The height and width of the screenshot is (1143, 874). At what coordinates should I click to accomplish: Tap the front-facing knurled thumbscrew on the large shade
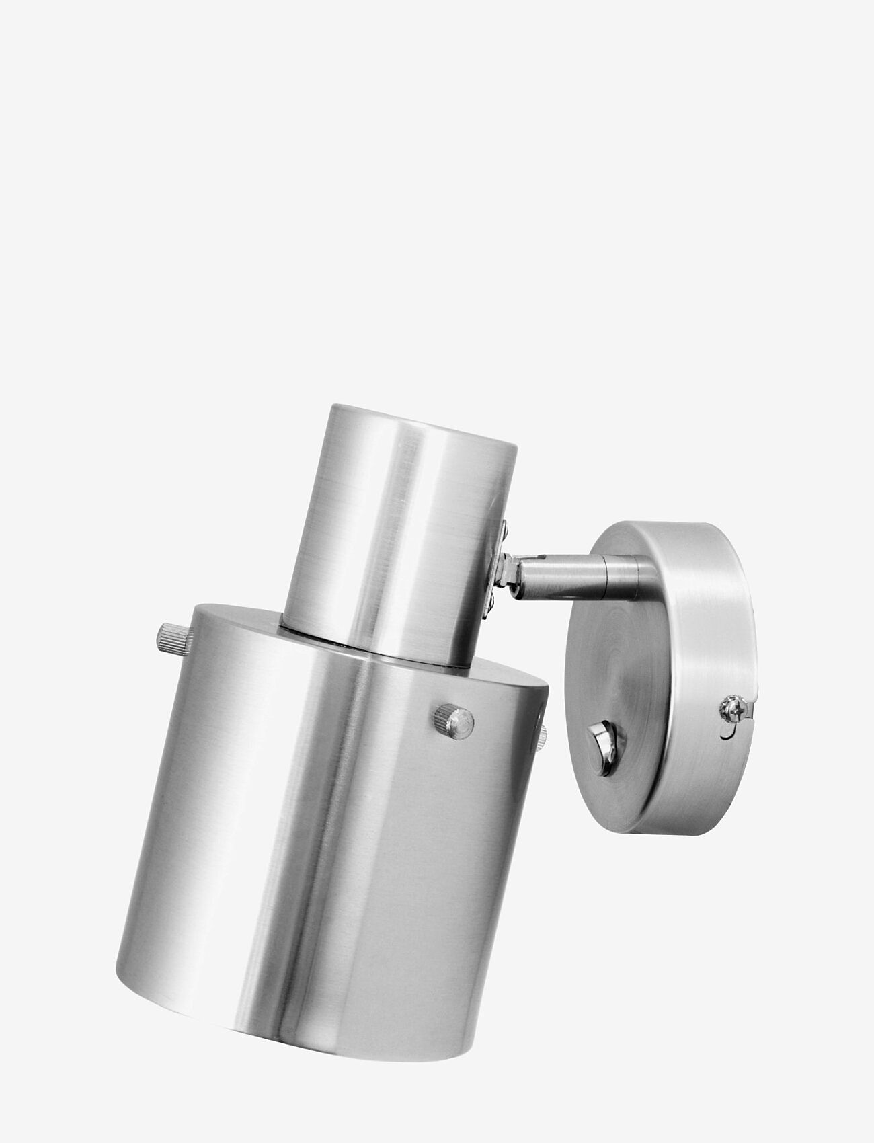pyautogui.click(x=454, y=721)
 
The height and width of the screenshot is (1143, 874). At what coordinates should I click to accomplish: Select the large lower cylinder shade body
pyautogui.click(x=323, y=840)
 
